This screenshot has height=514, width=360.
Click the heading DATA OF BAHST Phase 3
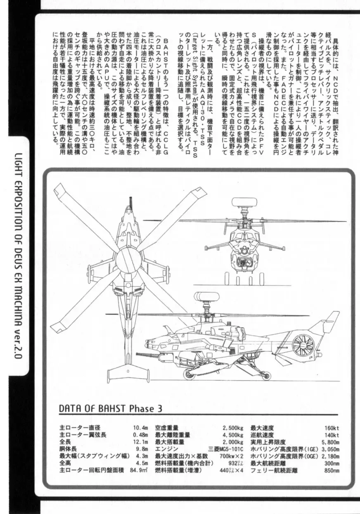110,408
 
